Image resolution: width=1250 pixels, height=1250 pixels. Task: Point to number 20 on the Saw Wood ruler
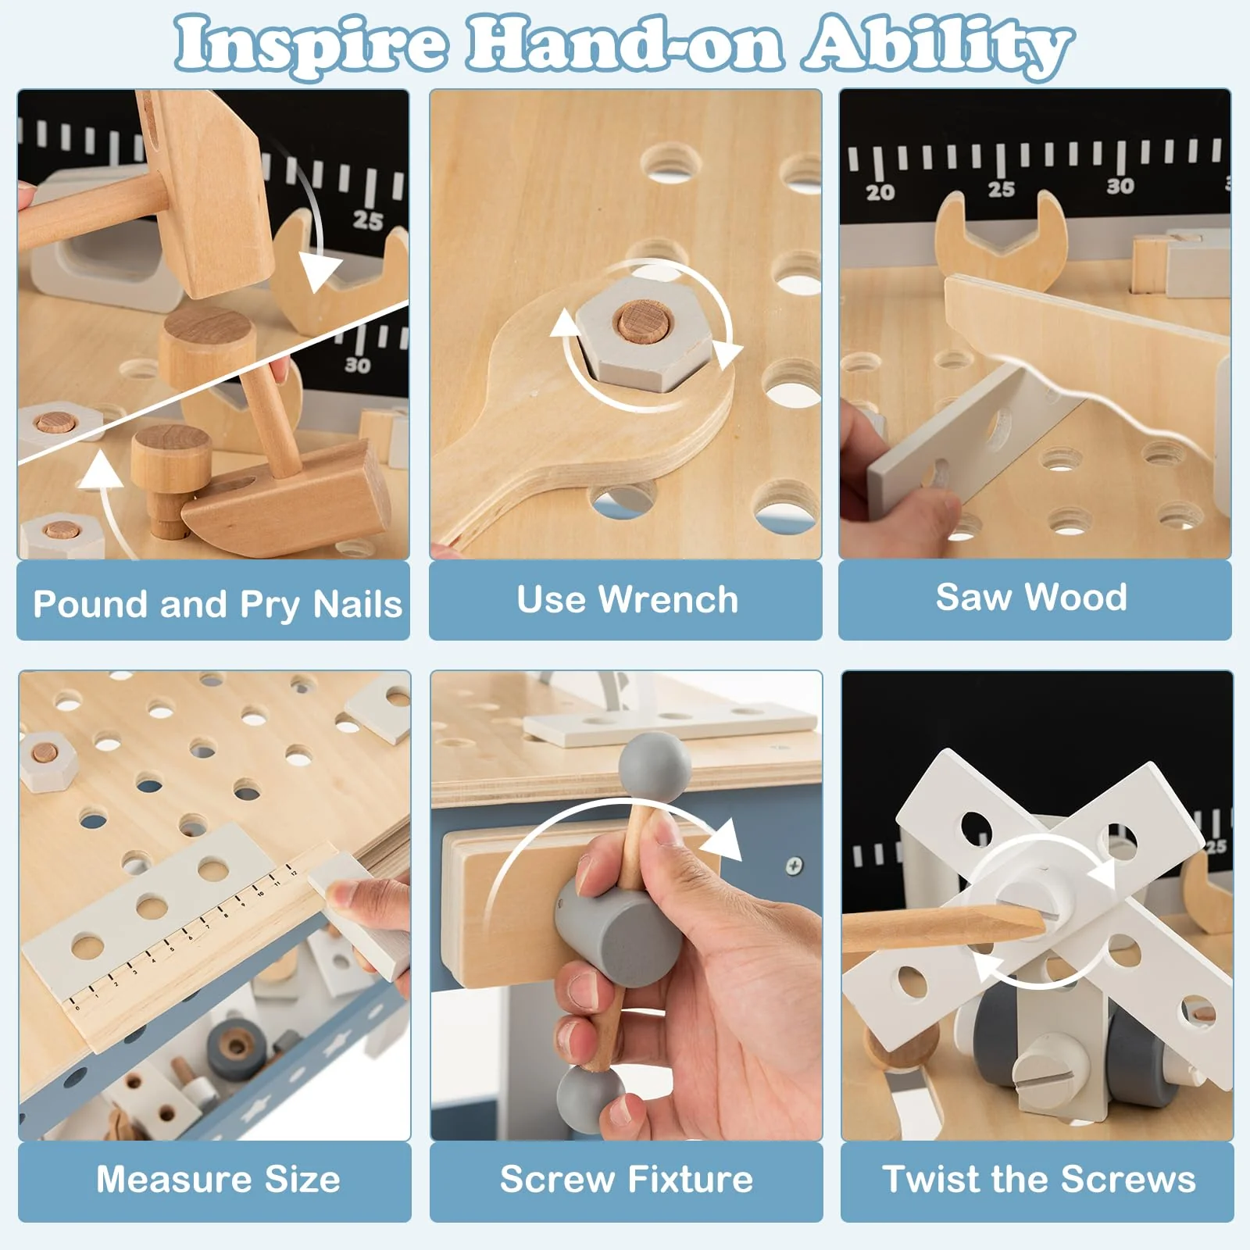(x=880, y=192)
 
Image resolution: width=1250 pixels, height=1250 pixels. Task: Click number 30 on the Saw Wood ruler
(x=1120, y=186)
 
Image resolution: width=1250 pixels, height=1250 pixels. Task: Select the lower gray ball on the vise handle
(x=591, y=1097)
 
